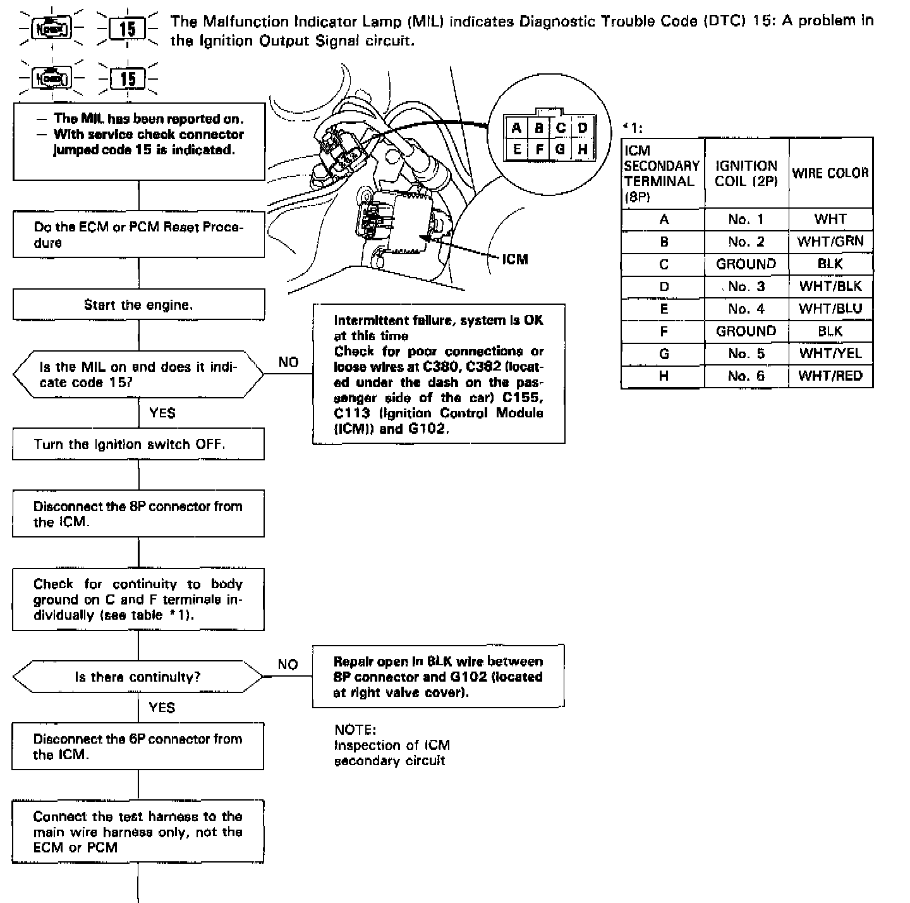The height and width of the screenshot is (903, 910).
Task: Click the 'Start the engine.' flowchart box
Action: (138, 305)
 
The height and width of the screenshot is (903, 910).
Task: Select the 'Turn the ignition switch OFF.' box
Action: (138, 444)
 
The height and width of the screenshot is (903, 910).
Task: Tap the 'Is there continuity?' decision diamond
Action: (138, 677)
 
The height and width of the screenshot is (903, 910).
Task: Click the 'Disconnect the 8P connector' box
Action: (138, 513)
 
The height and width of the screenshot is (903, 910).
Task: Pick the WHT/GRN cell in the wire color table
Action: (830, 242)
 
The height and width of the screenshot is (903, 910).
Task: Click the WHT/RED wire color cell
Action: (830, 376)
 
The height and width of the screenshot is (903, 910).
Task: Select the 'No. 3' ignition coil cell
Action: (746, 286)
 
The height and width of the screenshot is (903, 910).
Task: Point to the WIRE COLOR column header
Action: (830, 173)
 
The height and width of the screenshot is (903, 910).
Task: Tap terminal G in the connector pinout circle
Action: (560, 150)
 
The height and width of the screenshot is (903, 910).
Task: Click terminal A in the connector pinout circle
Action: (516, 128)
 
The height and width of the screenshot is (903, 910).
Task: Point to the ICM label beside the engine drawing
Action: (515, 259)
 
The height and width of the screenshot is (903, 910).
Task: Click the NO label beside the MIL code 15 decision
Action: (288, 362)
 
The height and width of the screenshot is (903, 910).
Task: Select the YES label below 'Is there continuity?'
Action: (162, 708)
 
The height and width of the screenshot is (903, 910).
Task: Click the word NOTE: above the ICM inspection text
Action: (355, 730)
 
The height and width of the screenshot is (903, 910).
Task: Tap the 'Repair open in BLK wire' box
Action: (438, 677)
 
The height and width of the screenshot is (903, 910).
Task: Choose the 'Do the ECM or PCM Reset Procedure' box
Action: (138, 235)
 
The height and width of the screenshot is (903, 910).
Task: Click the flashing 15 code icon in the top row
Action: (128, 28)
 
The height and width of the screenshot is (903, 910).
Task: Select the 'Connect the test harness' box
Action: (138, 832)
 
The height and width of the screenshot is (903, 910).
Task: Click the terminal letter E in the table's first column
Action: (664, 309)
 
